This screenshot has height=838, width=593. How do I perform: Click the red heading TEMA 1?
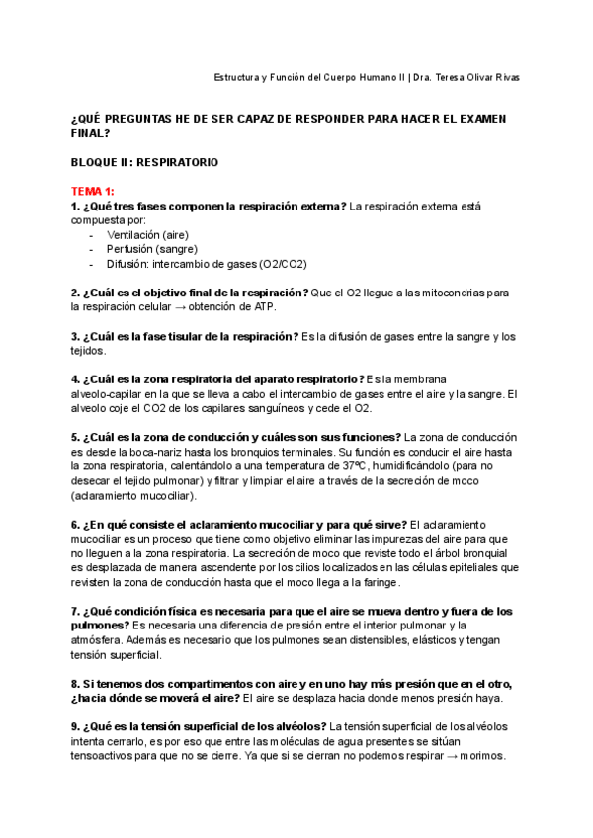tap(93, 190)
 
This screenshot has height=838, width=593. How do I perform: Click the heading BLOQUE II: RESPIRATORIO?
tap(145, 161)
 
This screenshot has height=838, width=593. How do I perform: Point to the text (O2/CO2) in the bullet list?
tap(283, 265)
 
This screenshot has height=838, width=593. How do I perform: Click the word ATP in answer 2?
tap(264, 307)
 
